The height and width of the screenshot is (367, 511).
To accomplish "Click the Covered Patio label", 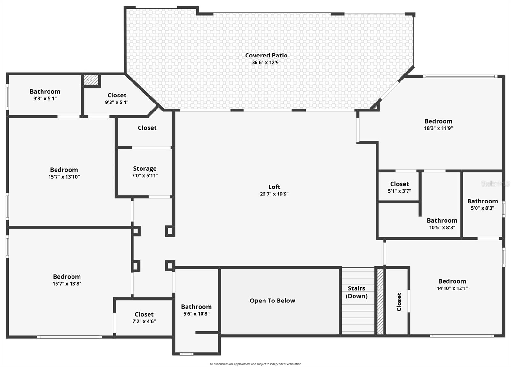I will (x=266, y=55).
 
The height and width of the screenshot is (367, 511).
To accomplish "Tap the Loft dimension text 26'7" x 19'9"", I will (x=274, y=194).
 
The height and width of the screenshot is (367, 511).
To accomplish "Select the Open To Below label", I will (x=272, y=301).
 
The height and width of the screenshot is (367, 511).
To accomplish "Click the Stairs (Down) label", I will (x=356, y=292).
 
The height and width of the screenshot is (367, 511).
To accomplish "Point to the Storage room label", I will (x=145, y=168).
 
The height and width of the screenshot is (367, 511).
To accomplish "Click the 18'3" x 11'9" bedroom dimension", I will (x=438, y=128).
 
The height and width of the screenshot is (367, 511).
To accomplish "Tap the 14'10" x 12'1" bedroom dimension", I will (x=452, y=288).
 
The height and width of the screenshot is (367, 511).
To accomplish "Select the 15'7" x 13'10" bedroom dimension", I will (x=64, y=177).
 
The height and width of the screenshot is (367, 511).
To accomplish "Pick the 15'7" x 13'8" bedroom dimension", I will (x=67, y=284).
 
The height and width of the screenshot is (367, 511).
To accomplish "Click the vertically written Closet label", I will (x=399, y=302).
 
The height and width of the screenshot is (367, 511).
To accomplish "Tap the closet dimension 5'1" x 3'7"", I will (x=399, y=191).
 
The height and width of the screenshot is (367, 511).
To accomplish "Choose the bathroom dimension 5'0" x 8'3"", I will (x=482, y=208).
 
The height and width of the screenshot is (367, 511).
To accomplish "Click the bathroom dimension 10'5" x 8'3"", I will (x=442, y=228).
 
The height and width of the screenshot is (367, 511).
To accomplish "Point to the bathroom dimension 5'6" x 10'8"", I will (x=196, y=314).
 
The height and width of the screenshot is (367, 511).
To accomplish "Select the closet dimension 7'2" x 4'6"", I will (x=144, y=321).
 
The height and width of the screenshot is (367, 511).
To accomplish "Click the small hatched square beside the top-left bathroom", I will (x=91, y=80).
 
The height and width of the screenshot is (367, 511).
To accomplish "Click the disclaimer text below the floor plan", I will (x=255, y=364).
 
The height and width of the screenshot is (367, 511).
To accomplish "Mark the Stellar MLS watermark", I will (x=495, y=184).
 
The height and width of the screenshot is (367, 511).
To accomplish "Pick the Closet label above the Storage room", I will (x=147, y=128).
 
